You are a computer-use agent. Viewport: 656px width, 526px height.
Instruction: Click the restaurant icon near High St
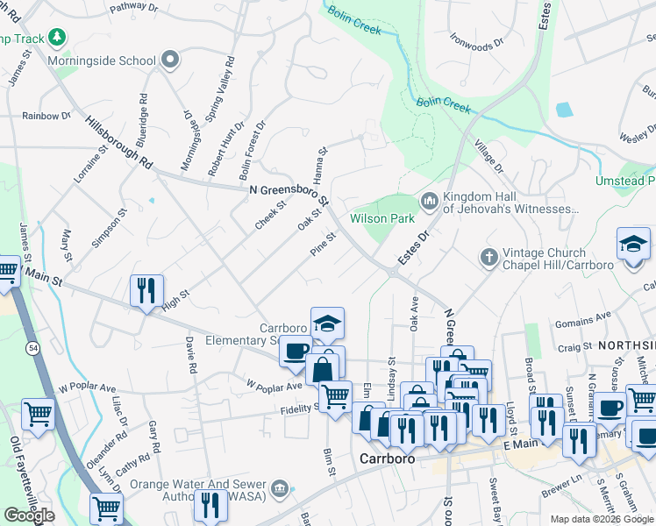click(x=146, y=290)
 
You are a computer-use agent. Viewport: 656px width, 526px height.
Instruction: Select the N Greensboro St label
click(x=289, y=192)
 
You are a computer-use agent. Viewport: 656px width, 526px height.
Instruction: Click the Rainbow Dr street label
click(x=46, y=115)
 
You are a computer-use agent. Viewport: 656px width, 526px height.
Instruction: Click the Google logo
click(x=29, y=515)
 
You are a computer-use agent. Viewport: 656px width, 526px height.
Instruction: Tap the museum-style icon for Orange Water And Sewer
click(x=280, y=488)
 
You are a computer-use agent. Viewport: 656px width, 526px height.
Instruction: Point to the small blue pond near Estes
click(x=563, y=110)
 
